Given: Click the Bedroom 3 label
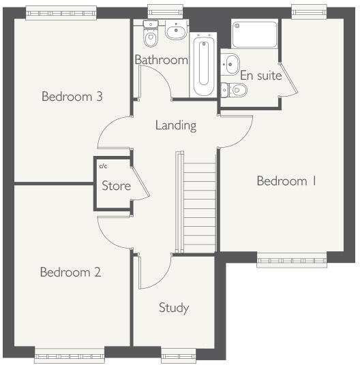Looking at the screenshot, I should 72,97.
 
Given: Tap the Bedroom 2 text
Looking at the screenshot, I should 70,272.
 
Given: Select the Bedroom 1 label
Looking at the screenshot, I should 286,181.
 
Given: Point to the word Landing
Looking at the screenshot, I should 175,125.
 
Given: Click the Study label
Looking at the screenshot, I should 173,308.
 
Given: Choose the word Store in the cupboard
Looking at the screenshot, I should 116,185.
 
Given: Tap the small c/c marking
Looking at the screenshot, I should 104,165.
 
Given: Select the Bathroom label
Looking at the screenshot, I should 161,60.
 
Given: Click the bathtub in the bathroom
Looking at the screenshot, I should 202,66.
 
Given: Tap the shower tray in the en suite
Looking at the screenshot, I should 254,34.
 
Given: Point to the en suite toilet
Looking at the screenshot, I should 235,89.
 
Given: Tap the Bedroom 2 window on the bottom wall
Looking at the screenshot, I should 70,353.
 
